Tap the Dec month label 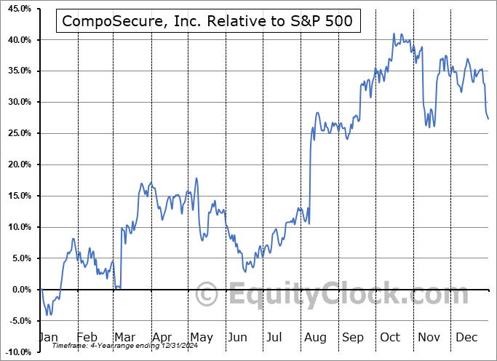pos(466,337)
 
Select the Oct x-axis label pos(390,337)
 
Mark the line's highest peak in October pos(394,33)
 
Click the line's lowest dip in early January pos(49,315)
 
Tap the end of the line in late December pos(488,119)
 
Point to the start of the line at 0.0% pos(41,290)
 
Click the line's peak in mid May pos(196,178)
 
